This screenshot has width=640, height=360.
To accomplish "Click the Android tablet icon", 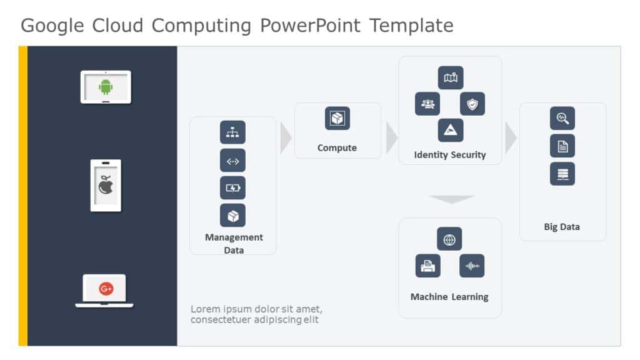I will coord(106,87).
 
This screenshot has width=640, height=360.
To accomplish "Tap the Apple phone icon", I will coord(106,185).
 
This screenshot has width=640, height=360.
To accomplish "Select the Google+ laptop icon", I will coord(106,289).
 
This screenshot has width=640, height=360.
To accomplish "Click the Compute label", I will coord(337,148).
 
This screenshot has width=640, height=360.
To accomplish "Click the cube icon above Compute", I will coord(337,118).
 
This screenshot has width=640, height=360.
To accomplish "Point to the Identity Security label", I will coord(449,155).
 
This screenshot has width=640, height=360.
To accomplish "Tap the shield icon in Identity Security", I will coord(472,104).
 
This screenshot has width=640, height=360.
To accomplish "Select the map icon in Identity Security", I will coord(450,78).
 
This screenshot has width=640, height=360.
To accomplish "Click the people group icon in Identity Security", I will coord(427,104).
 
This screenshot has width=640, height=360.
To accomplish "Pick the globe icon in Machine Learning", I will coord(449,239).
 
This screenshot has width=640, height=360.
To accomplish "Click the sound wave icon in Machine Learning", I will coord(472,266).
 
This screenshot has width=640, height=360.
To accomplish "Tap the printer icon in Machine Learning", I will coord(427,266).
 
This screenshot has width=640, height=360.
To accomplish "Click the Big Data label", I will coord(562,227).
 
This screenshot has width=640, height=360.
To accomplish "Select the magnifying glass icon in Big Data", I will coord(562,118).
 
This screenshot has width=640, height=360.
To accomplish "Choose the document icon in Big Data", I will coord(562,146).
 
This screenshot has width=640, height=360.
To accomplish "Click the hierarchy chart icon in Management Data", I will coord(232,132).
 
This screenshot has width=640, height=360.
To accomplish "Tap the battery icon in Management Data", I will coord(232,187).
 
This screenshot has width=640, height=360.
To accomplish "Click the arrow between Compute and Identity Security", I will coord(391,137).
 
